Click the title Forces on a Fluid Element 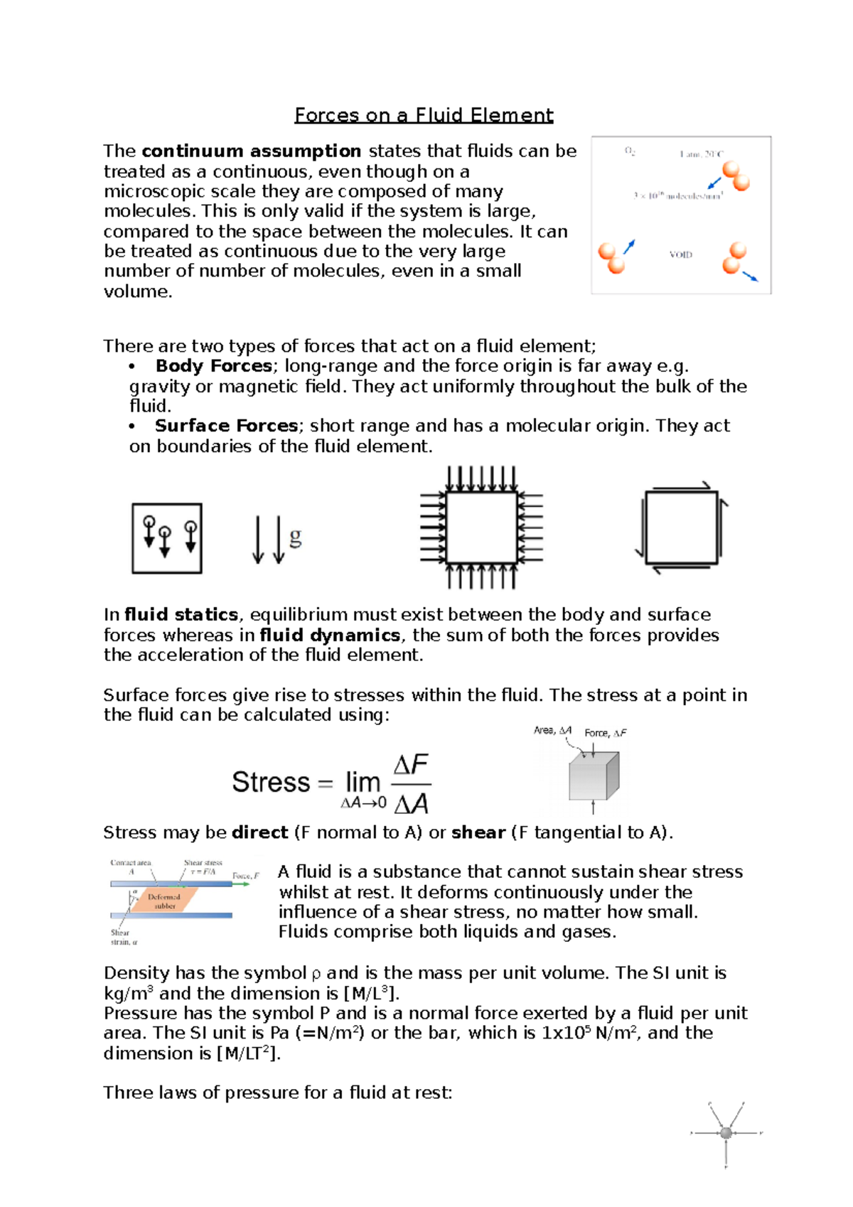point(424,115)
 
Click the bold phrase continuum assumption point(251,151)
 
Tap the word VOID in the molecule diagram point(680,254)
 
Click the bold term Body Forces point(213,366)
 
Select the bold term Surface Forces point(226,426)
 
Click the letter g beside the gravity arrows point(295,537)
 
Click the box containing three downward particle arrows point(167,538)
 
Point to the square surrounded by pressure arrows point(481,527)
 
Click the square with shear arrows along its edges point(681,527)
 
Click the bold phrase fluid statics point(181,615)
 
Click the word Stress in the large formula point(271,783)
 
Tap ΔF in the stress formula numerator point(410,766)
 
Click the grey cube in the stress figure point(593,777)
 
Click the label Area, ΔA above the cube point(552,731)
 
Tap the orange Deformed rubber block point(164,901)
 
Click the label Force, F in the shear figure point(245,876)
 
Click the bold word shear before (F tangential point(478,832)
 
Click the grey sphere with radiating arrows point(726,1133)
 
